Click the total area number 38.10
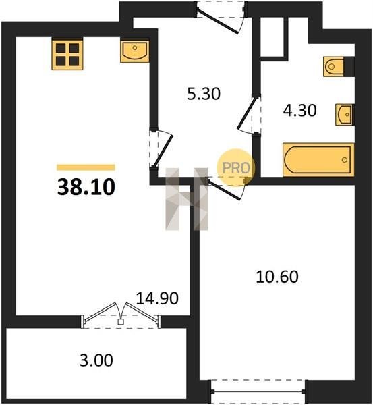click(x=86, y=187)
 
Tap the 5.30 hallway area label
click(x=204, y=94)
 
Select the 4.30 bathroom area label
click(x=299, y=111)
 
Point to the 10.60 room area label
click(x=277, y=277)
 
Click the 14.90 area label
click(x=157, y=298)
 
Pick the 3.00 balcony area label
click(x=96, y=360)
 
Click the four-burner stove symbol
click(x=67, y=54)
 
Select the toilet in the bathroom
click(x=334, y=67)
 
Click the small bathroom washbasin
click(x=345, y=115)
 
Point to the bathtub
click(x=318, y=160)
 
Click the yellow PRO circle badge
click(x=236, y=168)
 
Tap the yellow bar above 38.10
click(x=86, y=167)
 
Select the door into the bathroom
click(x=250, y=115)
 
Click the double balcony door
click(x=121, y=316)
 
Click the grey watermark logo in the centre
click(x=186, y=199)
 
